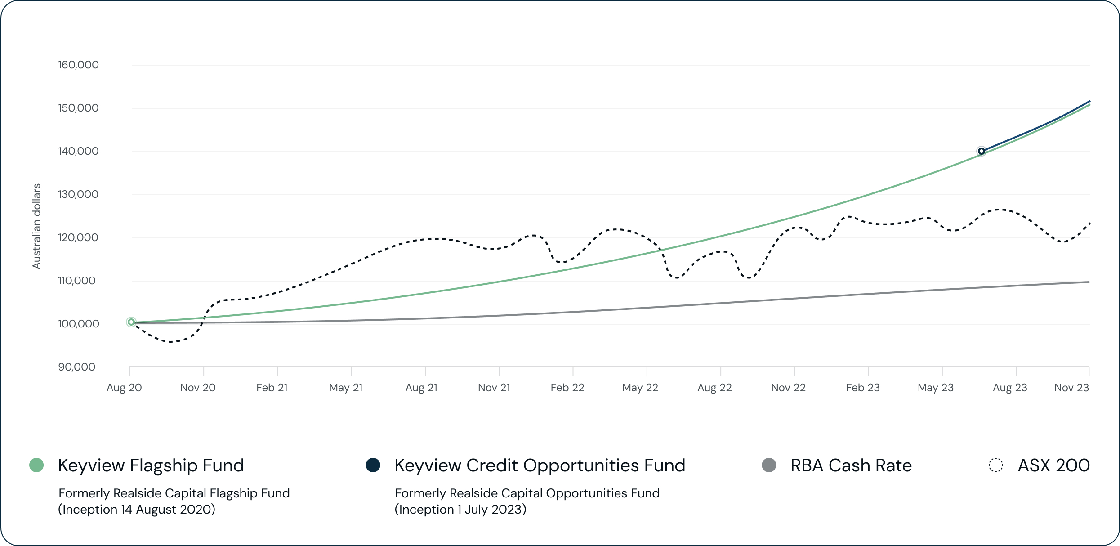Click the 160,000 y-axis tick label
click(x=78, y=65)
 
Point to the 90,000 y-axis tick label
click(x=77, y=367)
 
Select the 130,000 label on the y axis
click(x=78, y=194)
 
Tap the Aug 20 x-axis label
click(x=124, y=388)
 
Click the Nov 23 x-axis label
click(x=1071, y=388)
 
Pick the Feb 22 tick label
click(x=567, y=388)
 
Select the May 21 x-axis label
click(x=346, y=388)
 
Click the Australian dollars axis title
click(x=36, y=226)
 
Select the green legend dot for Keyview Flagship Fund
click(x=36, y=465)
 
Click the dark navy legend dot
click(x=373, y=465)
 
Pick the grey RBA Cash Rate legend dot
click(x=769, y=465)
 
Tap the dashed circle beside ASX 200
click(x=996, y=465)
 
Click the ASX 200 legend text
click(x=1053, y=465)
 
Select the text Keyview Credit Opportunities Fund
click(x=540, y=465)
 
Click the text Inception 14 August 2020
click(x=137, y=509)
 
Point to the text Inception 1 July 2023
click(x=460, y=509)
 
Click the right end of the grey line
click(x=1089, y=282)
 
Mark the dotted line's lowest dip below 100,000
click(x=171, y=342)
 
